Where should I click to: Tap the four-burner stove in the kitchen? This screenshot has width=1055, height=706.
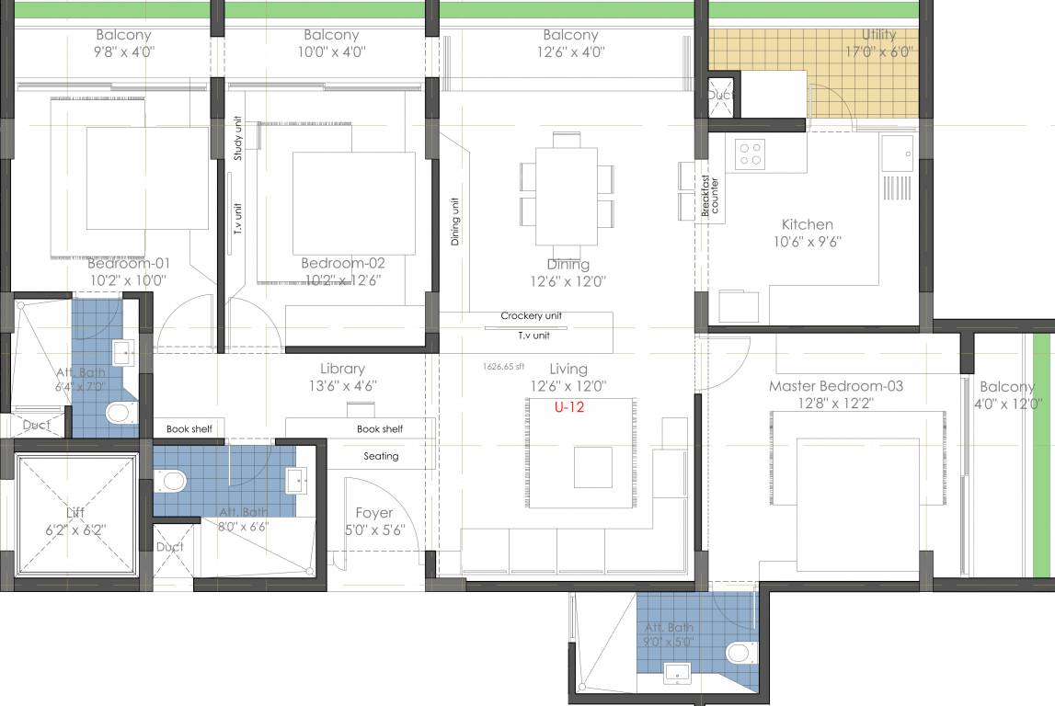point(751,154)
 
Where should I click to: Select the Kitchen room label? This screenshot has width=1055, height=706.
point(807,224)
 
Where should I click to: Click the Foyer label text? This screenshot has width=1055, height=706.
point(373,513)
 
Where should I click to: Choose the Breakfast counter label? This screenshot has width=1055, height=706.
point(710,196)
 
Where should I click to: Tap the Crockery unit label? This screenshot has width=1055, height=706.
point(531,316)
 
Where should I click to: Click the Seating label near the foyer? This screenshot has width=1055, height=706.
point(381,456)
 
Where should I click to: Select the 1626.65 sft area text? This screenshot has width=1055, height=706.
point(503,366)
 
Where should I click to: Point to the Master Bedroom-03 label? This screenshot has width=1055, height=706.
point(835,386)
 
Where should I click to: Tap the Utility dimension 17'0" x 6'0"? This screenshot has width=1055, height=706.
point(879,51)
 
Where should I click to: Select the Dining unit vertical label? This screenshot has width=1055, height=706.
point(454,222)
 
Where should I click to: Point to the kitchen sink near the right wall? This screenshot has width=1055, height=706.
point(896,153)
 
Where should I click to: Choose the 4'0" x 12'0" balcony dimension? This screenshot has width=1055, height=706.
point(1006,404)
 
